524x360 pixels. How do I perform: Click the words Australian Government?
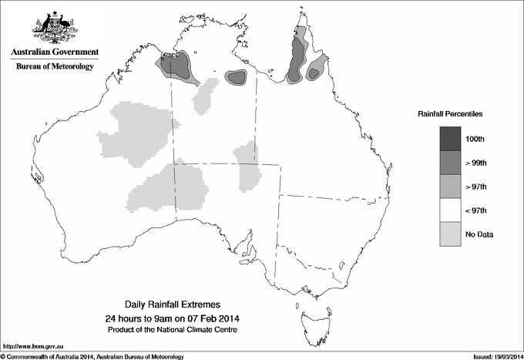tap(55, 52)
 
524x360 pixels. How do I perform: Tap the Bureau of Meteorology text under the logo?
tap(55, 67)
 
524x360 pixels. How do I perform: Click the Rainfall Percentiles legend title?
tap(450, 113)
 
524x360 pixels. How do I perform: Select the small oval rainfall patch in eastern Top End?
tap(234, 77)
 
